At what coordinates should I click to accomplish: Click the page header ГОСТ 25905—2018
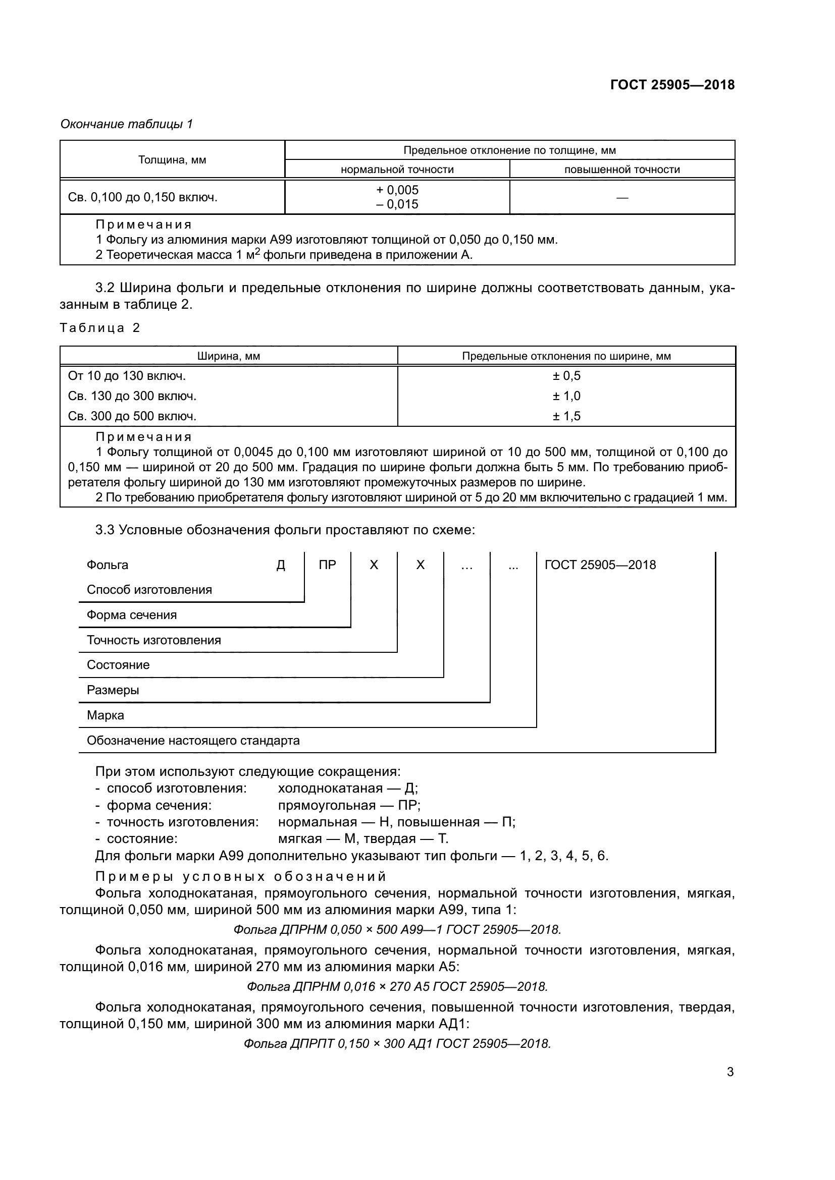(672, 85)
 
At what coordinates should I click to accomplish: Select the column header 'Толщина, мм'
(172, 160)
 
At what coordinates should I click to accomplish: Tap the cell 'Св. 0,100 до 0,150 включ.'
(143, 197)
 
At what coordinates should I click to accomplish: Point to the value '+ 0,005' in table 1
(397, 190)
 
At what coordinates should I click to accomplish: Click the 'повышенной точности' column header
(621, 170)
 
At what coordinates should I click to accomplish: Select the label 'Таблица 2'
(100, 328)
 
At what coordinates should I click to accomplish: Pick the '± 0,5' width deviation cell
(566, 376)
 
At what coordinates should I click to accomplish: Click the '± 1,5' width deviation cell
(566, 416)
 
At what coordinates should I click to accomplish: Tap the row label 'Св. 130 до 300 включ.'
(132, 396)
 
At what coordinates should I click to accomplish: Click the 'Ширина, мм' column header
(229, 356)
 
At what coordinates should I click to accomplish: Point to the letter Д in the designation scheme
(281, 565)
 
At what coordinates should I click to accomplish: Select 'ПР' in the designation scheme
(328, 565)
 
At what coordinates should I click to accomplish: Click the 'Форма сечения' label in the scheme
(132, 614)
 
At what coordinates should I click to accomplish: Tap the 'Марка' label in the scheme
(106, 715)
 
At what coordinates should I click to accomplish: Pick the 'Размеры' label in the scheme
(113, 690)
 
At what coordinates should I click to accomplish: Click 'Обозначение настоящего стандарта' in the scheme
(193, 740)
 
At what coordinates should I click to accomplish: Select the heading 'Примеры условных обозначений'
(241, 876)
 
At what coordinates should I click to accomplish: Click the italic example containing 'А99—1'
(397, 929)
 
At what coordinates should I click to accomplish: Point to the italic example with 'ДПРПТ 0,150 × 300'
(397, 1043)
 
